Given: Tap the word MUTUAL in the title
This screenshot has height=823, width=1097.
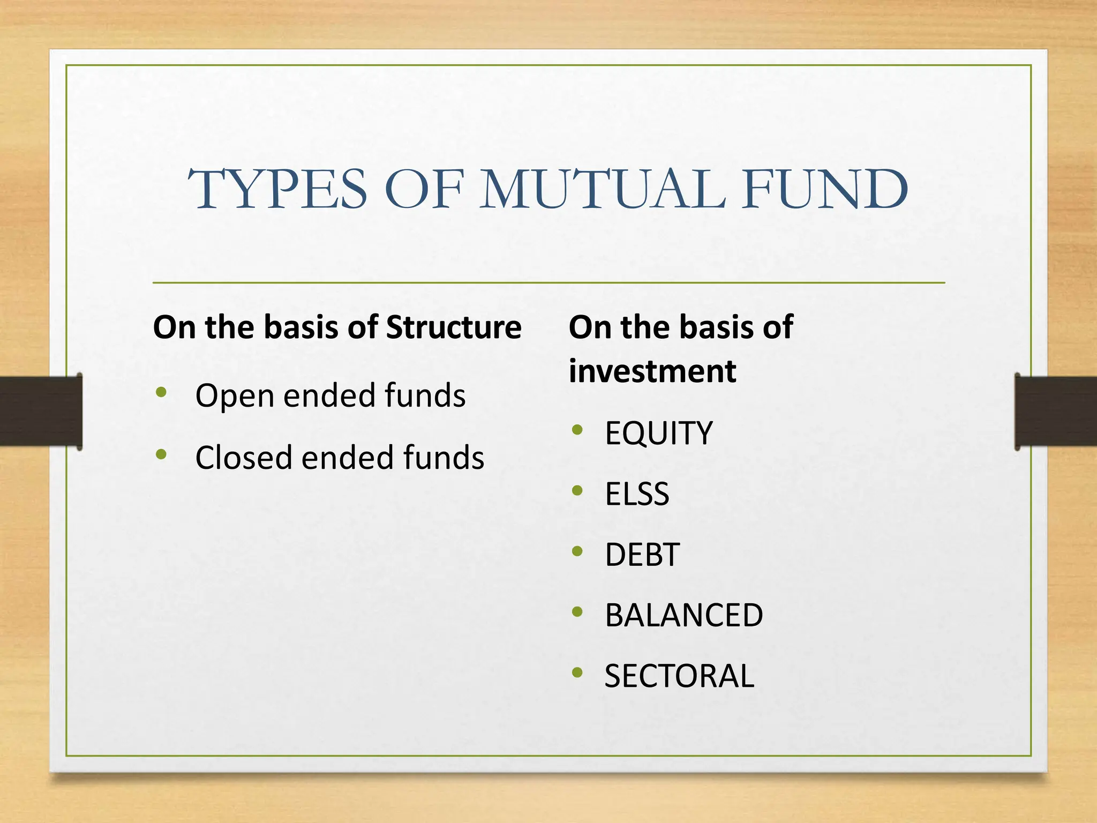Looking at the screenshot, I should coord(603,190).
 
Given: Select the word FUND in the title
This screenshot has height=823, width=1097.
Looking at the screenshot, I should coord(825,190).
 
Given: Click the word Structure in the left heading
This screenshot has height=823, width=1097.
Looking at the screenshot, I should coord(453,327).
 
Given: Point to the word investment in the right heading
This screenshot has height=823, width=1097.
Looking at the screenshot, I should coord(652,371).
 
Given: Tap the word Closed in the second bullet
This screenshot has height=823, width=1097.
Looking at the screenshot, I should coord(243,458).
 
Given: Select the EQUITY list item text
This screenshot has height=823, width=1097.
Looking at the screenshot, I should coord(658,433).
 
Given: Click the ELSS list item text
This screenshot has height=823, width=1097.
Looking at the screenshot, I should coord(636,494).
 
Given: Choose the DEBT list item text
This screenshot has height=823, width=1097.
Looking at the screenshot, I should coord(642,555).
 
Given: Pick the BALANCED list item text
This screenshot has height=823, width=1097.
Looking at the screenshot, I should coord(683,615).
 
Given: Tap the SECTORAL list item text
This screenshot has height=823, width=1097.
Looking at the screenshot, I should coord(679,676).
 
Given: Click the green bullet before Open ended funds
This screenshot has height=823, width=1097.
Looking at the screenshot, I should coord(161,393).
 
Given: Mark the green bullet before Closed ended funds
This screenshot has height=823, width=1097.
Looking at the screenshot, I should coord(161,455).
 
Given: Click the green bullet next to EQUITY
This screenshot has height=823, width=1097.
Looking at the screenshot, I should coord(577,430).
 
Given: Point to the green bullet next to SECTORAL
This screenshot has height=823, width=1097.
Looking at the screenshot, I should coord(577,672).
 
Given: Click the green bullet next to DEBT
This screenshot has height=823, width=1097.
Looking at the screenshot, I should coord(577,551).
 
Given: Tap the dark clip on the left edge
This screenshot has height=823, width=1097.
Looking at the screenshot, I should coord(41,411).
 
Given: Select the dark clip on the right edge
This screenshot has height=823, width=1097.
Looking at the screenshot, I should coord(1055,411).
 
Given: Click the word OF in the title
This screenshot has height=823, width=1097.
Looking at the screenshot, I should coord(423,190).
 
